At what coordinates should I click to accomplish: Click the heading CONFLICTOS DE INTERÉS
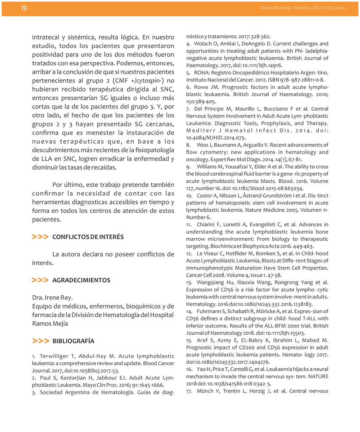[88, 237]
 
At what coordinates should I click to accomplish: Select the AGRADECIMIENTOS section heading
[81, 280]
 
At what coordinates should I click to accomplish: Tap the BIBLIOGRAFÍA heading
[73, 341]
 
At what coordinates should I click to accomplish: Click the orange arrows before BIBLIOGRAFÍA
[40, 341]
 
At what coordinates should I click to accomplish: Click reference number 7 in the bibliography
[188, 108]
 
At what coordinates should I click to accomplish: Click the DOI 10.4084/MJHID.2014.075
[216, 138]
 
